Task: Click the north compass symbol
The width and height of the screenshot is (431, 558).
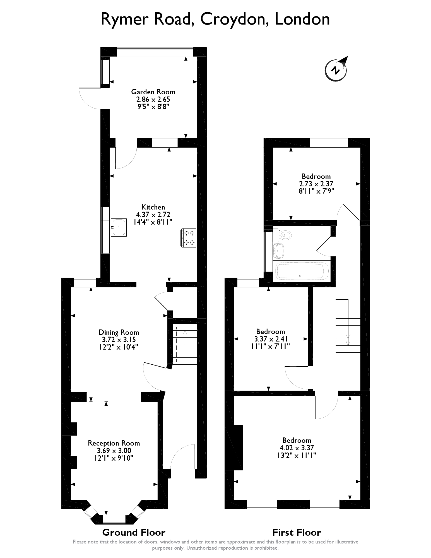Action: click(x=336, y=69)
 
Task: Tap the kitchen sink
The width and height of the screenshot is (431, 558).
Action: click(x=119, y=227)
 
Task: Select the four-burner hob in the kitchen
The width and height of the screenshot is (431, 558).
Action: click(x=189, y=238)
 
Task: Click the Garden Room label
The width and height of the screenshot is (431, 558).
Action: click(x=153, y=92)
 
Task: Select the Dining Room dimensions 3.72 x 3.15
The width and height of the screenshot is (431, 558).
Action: click(x=119, y=340)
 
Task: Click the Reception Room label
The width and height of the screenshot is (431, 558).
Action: click(x=114, y=443)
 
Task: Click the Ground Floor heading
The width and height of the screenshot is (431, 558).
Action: click(x=134, y=532)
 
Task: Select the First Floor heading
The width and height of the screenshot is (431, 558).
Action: click(x=297, y=532)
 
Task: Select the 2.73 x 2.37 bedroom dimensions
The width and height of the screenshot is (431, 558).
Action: click(x=316, y=184)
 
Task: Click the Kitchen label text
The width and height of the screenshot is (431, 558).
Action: click(x=153, y=207)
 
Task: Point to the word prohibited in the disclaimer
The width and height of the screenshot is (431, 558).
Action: click(x=266, y=548)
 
